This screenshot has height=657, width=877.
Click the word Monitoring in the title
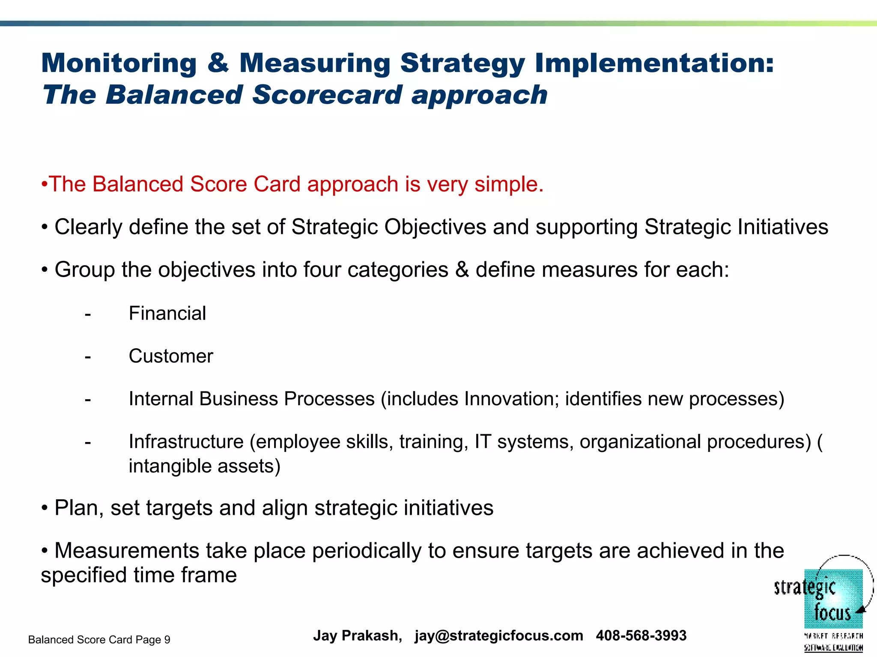(119, 63)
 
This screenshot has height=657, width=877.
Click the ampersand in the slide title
(218, 63)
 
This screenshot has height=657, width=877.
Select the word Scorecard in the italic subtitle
(327, 95)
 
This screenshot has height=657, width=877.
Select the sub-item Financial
(167, 314)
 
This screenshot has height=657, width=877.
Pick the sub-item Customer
(171, 356)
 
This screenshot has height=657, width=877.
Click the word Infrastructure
(186, 442)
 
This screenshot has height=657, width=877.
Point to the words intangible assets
(204, 466)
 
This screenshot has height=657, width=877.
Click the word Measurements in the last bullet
(127, 551)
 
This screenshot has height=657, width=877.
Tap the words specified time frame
(139, 575)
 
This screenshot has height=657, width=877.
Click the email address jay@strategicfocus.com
(498, 636)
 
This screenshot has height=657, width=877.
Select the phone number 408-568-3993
(641, 636)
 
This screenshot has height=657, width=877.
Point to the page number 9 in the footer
(167, 640)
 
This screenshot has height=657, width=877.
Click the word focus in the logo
(832, 612)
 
